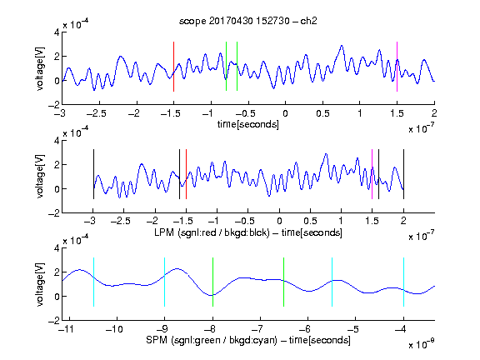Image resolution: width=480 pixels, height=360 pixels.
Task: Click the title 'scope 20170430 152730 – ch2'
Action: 248,21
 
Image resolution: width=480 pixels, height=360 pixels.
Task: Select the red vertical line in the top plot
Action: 173,67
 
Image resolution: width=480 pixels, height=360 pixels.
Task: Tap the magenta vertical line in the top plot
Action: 397,67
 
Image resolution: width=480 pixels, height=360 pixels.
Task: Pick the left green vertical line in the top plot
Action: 226,66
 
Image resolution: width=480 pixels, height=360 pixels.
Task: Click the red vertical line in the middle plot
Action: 186,174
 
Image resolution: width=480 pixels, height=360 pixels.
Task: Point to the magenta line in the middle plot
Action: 372,174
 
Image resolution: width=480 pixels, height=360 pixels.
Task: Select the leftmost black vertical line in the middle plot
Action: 93,174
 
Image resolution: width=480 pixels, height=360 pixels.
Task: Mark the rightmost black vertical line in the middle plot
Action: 404,174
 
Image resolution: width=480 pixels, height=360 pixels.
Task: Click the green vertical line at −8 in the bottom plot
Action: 212,282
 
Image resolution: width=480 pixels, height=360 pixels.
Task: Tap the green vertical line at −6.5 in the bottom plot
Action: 284,282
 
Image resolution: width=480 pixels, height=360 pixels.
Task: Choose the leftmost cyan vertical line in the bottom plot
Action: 93,282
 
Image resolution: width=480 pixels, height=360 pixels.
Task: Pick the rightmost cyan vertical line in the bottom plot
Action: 404,282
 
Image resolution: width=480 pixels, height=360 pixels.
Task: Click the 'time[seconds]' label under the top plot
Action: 248,124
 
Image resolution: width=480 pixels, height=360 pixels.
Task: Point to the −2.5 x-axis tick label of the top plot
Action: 97,113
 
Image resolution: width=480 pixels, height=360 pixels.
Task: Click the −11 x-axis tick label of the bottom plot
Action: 66,329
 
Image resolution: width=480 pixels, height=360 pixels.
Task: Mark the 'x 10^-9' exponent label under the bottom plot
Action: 421,344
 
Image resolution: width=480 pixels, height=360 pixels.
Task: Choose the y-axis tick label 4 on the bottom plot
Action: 57,248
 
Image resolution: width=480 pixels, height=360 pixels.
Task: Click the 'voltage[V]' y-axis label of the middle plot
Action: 40,177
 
